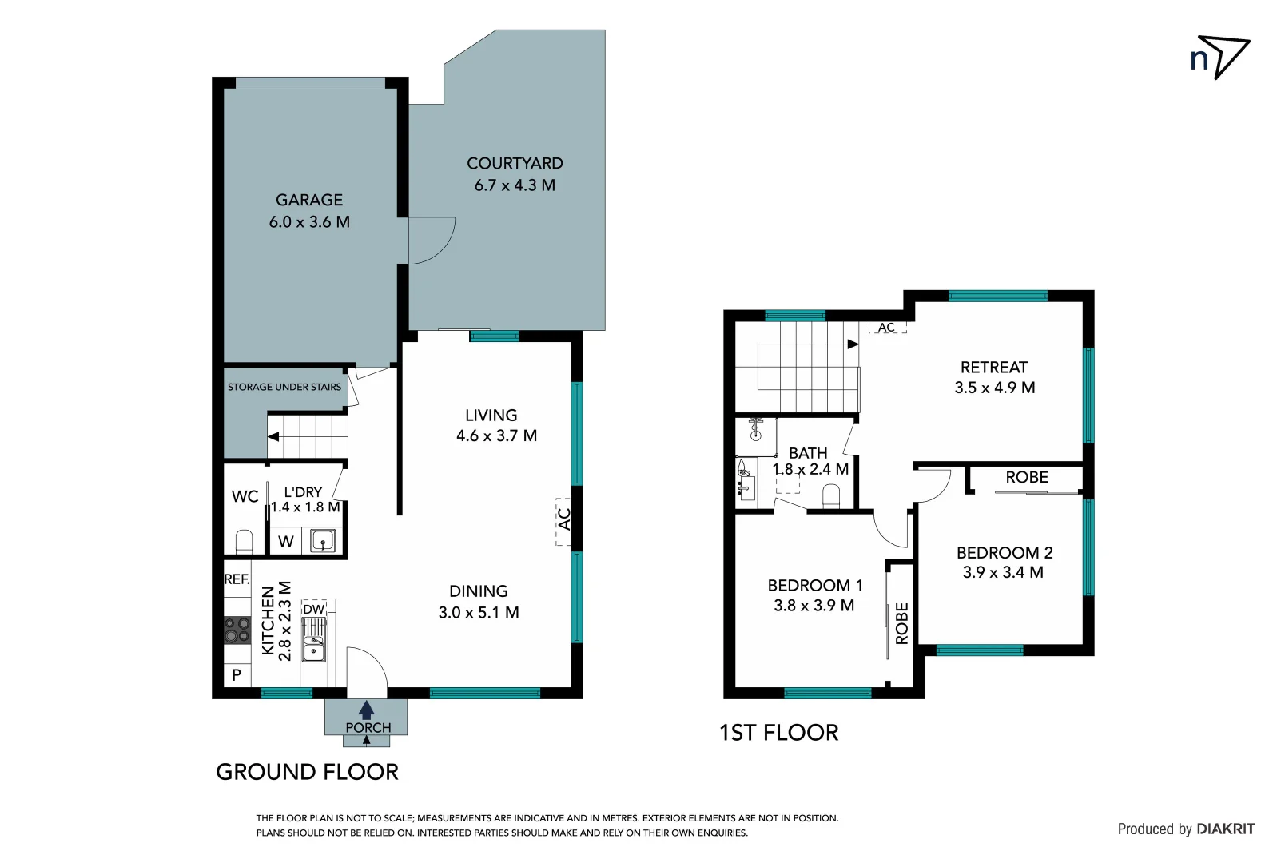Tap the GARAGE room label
click(309, 201)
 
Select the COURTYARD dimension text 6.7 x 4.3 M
click(515, 185)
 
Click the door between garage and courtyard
click(430, 240)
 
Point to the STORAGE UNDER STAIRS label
click(284, 387)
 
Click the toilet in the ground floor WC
click(245, 542)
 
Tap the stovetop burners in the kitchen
click(237, 630)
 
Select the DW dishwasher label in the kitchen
click(314, 610)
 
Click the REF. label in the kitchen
click(237, 579)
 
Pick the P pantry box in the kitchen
click(237, 675)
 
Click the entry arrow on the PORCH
click(367, 710)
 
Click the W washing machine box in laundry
click(286, 542)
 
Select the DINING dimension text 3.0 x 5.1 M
click(479, 613)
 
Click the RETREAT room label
click(994, 368)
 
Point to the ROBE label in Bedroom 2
click(1027, 478)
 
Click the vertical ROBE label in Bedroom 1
click(902, 623)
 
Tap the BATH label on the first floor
click(808, 453)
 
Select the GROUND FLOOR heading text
click(307, 772)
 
